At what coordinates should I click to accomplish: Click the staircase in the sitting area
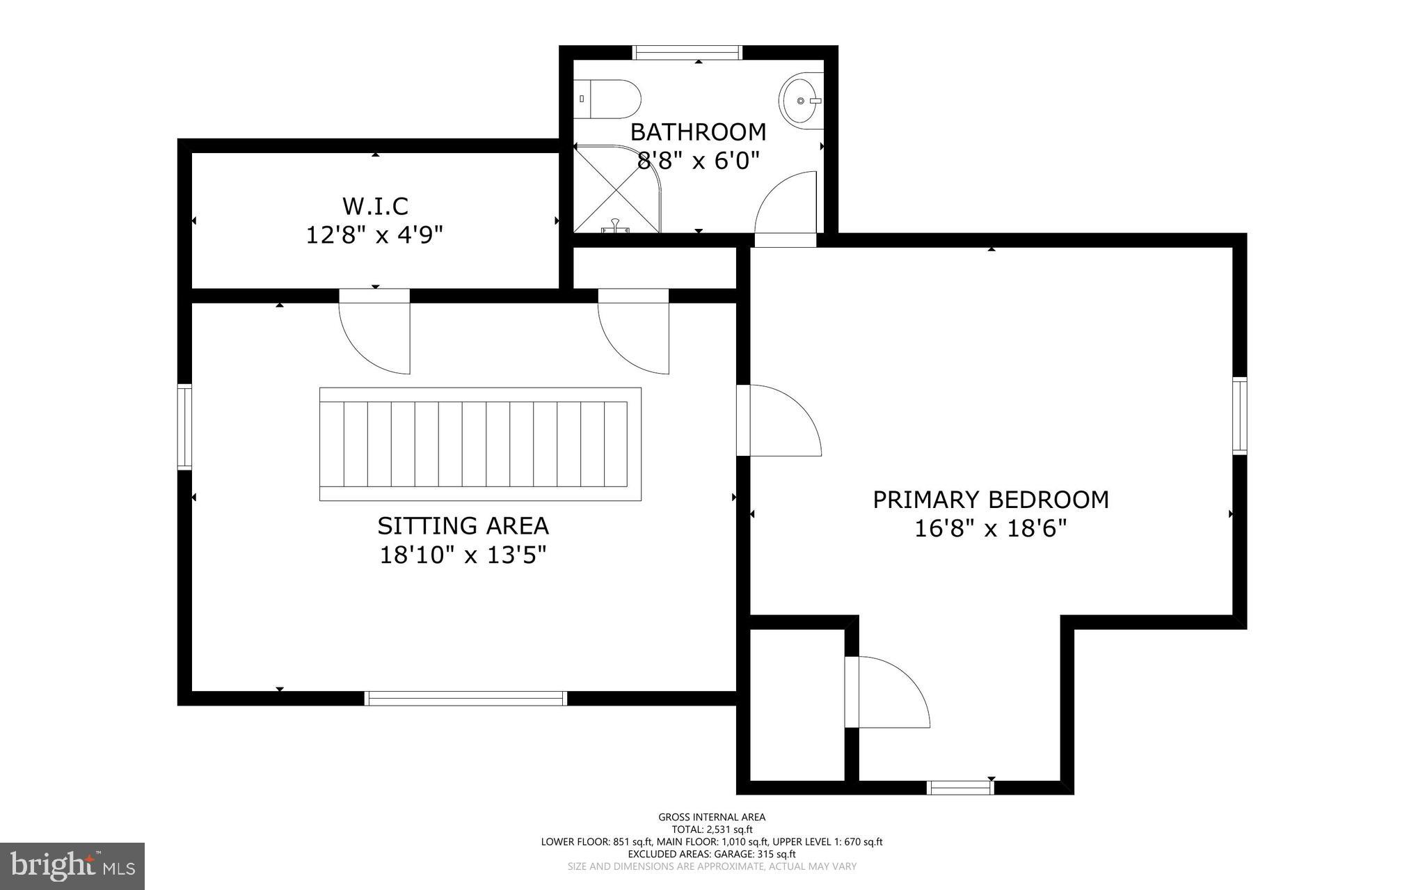point(480,444)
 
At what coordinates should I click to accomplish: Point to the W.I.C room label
point(375,206)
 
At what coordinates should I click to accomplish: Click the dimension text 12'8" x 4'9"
point(375,235)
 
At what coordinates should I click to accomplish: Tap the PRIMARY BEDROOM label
point(991,500)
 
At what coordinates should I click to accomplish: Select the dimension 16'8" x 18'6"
point(991,529)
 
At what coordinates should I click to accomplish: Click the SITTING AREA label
point(463,525)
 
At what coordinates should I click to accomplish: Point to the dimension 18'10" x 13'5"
point(463,555)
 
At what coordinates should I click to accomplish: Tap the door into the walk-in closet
point(374,334)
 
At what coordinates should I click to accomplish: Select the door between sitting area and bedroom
point(779,421)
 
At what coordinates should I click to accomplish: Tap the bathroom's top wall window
point(687,52)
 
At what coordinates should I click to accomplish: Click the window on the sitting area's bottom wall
point(466,698)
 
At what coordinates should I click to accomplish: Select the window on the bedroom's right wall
point(1239,415)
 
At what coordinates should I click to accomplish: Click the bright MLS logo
point(72,866)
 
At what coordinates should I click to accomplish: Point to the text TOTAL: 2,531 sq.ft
point(712,829)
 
